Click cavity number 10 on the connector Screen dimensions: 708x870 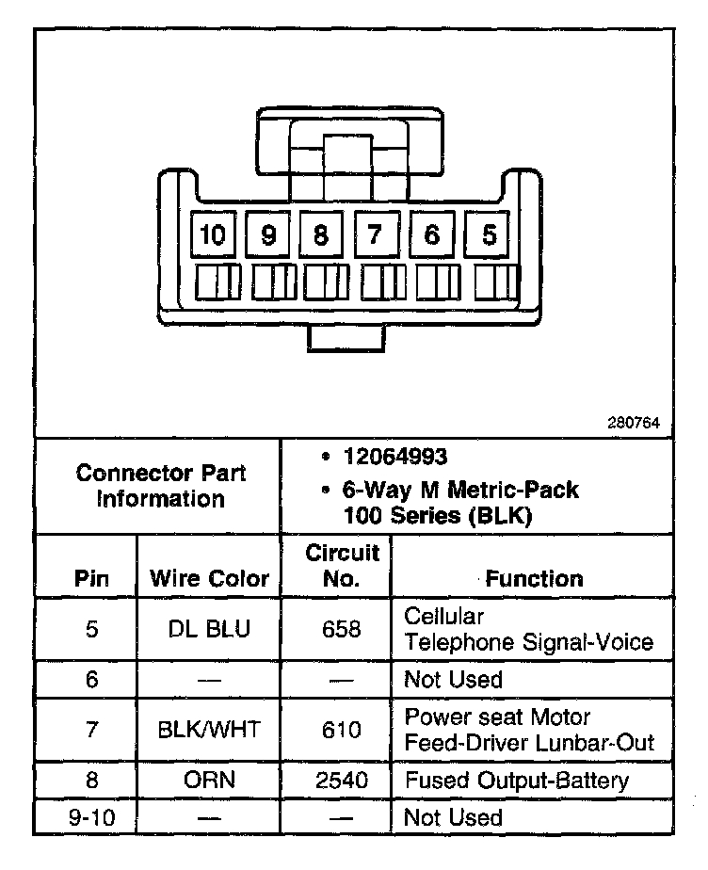[214, 234]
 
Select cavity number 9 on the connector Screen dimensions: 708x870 [268, 234]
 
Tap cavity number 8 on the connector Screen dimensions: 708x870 [322, 234]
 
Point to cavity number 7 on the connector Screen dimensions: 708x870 [377, 234]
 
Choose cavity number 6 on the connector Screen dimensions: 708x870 [432, 234]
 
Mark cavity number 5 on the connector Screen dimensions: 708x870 [488, 234]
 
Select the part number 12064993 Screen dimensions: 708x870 [395, 458]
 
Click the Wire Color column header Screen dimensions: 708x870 [209, 578]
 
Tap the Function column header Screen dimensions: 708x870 [534, 578]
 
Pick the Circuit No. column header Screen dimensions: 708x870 [342, 565]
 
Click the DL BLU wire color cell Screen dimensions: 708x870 [209, 629]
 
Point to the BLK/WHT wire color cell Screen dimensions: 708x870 [209, 730]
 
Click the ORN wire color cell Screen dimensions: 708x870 [209, 781]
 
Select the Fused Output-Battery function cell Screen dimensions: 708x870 [516, 781]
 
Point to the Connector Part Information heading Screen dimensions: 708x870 [160, 485]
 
